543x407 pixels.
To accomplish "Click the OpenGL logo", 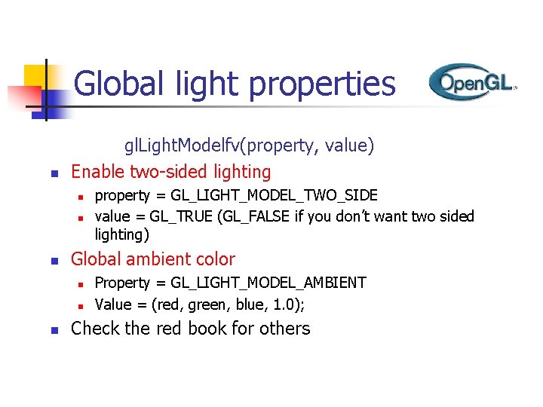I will tap(472, 82).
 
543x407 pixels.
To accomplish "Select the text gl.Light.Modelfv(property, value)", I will tap(249, 145).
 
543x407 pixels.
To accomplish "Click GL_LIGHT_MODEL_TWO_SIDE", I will tap(275, 196).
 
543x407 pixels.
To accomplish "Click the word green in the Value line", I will tap(216, 305).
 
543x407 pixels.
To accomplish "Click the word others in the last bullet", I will tap(284, 329).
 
